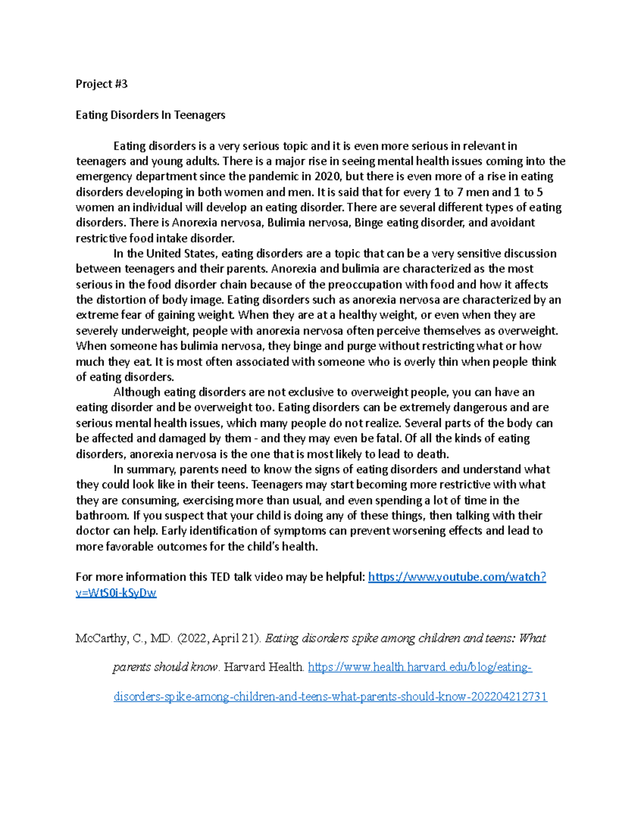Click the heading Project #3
(x=101, y=84)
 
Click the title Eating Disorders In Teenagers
(x=150, y=115)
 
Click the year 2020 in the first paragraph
(x=327, y=176)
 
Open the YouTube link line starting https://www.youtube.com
(x=457, y=577)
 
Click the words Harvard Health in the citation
(x=264, y=667)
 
